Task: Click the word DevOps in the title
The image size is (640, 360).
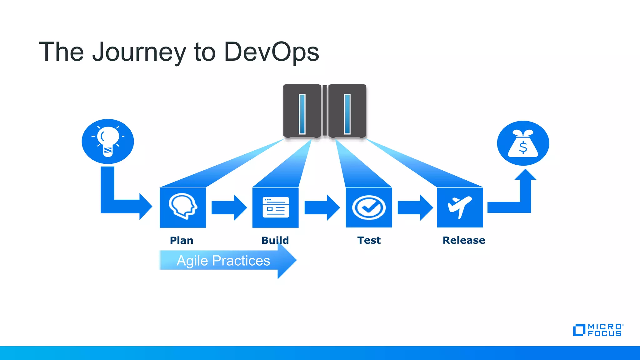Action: click(271, 52)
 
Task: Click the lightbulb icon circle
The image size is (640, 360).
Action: click(108, 141)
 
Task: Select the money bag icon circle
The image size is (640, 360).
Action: click(523, 143)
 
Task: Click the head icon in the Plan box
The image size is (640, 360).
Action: click(183, 206)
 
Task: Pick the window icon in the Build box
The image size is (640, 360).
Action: click(276, 207)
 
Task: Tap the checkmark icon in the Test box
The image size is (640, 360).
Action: click(369, 207)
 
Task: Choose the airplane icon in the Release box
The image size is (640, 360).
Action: click(459, 207)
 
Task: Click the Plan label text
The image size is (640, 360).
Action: click(182, 240)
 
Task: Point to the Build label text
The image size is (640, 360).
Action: click(275, 240)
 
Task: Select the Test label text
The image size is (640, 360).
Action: click(369, 240)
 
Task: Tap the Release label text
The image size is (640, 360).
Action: click(464, 240)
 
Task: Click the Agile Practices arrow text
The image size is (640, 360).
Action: click(223, 261)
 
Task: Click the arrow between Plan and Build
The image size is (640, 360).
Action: click(229, 207)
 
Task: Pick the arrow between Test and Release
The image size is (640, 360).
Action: click(415, 207)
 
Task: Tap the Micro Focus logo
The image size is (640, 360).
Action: click(598, 330)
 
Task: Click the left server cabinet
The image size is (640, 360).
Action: click(302, 111)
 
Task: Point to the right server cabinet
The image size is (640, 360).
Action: click(347, 111)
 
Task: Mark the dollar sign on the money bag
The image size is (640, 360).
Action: click(523, 147)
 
